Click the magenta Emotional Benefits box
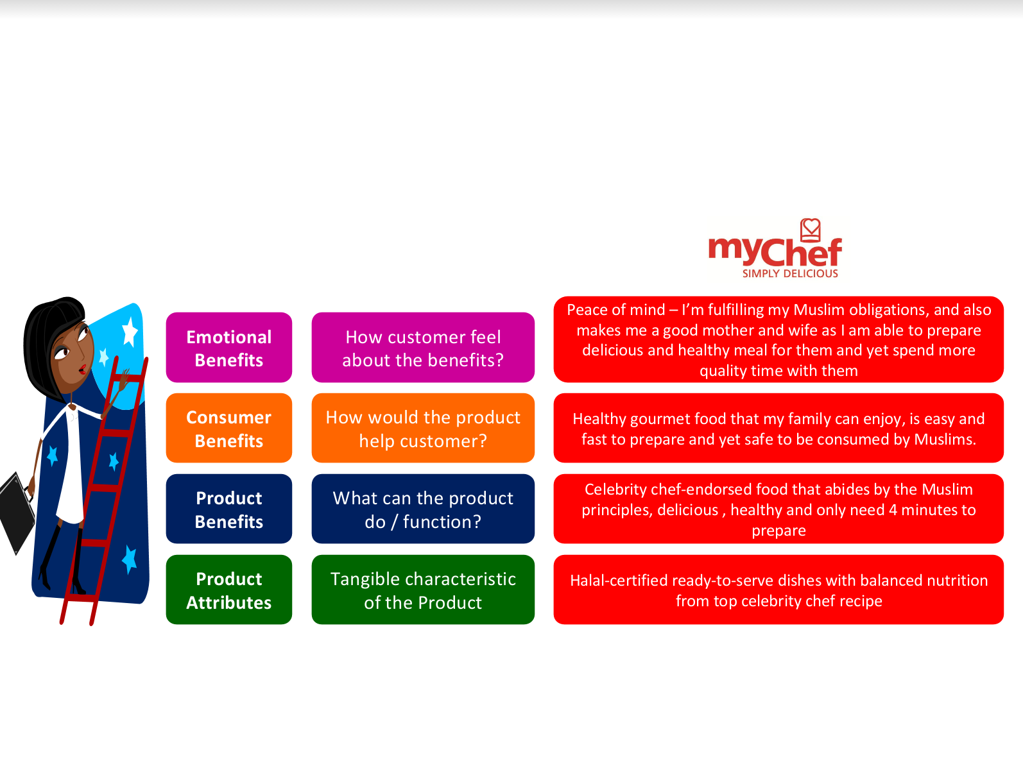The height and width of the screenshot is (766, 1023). (229, 347)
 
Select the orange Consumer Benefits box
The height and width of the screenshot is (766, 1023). (229, 428)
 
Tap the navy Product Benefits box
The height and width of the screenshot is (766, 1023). (229, 509)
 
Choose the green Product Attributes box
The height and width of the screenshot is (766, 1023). (229, 590)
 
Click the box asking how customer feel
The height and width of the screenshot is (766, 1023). (423, 347)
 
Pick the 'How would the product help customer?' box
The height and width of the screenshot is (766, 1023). (423, 428)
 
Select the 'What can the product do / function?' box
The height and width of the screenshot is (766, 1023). (423, 509)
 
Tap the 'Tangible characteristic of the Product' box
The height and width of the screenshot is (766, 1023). (423, 590)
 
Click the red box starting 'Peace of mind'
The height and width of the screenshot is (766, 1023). (778, 339)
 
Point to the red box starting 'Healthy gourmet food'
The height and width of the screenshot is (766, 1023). (778, 428)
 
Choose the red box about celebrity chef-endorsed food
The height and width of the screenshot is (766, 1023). (778, 509)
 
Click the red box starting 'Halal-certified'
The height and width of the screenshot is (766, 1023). (778, 590)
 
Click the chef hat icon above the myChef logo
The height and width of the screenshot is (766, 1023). (811, 230)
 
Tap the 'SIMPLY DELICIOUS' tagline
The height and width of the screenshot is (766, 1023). (790, 274)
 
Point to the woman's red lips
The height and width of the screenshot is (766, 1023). (83, 370)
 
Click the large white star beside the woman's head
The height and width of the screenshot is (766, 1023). (130, 332)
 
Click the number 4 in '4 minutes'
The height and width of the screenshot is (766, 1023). (893, 510)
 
